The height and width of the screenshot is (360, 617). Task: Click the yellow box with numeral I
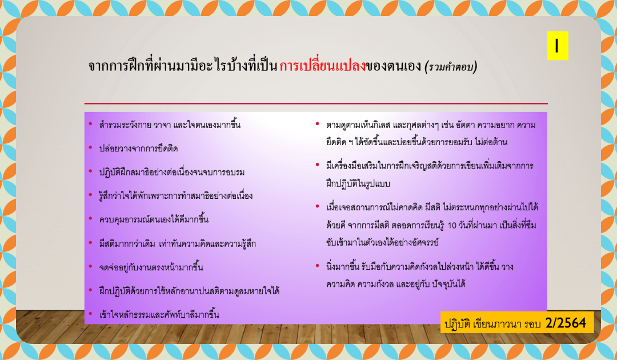click(557, 46)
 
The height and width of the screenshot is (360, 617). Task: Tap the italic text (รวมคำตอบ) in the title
click(451, 67)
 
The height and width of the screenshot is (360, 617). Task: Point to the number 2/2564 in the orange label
click(566, 323)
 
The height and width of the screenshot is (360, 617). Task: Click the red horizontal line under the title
click(315, 103)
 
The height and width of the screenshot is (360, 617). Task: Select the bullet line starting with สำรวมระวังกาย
click(170, 125)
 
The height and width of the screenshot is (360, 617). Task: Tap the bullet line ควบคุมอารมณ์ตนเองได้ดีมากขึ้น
click(154, 219)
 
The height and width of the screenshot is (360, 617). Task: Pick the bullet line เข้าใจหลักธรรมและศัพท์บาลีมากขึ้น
click(159, 314)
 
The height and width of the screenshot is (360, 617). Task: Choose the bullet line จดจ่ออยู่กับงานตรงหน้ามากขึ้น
click(151, 267)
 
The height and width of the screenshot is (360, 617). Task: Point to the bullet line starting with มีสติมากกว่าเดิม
click(178, 244)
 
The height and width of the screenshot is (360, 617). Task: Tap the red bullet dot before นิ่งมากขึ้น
click(317, 266)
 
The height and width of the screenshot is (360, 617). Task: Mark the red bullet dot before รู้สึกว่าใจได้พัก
click(90, 195)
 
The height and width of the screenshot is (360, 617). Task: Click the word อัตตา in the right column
click(464, 126)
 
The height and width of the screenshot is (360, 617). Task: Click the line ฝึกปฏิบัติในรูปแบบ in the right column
click(358, 184)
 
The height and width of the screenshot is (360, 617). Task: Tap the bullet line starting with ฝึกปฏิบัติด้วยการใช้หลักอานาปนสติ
click(189, 291)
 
